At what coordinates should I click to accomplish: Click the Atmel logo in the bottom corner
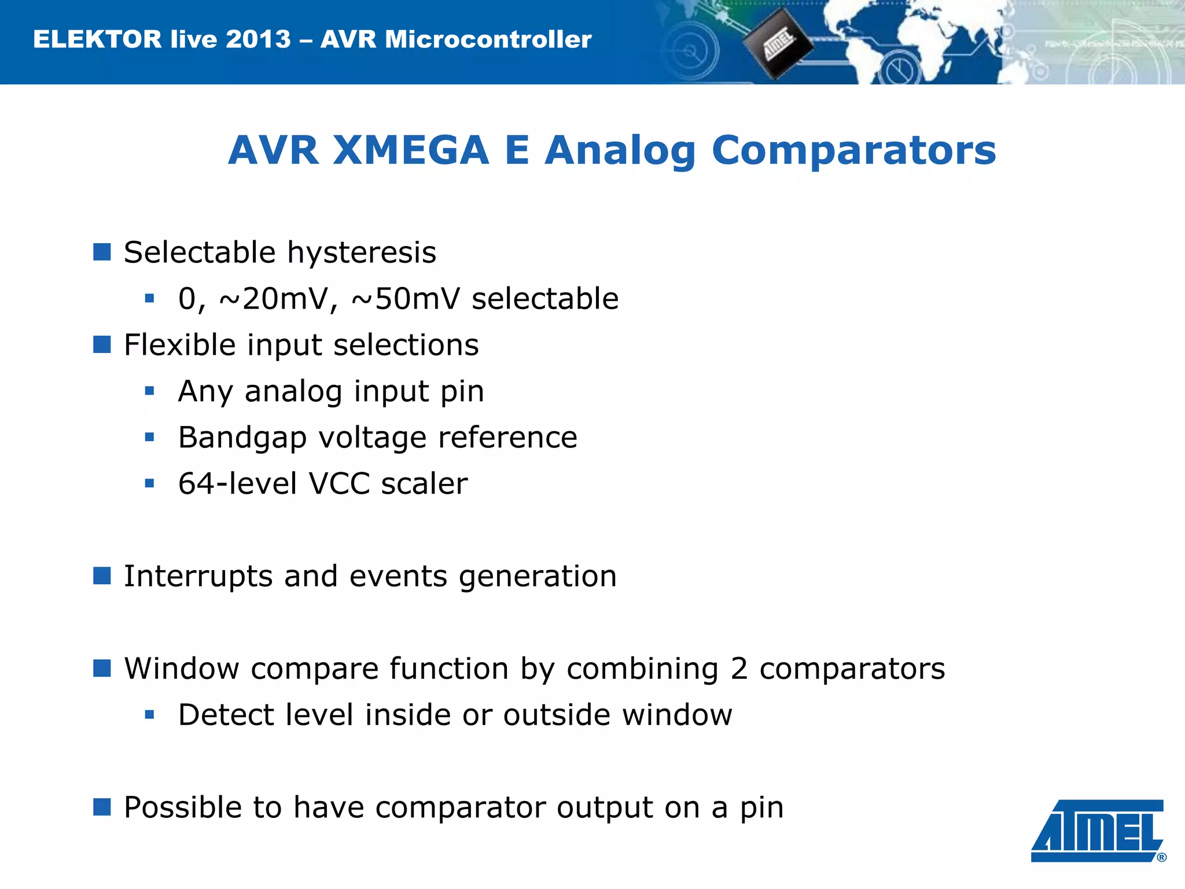(1098, 830)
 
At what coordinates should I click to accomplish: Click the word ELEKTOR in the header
(97, 39)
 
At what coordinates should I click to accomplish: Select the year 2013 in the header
(258, 39)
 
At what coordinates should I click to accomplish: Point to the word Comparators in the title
(853, 150)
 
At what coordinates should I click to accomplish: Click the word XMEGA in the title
(411, 150)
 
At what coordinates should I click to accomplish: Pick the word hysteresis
(362, 253)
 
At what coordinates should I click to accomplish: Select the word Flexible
(180, 346)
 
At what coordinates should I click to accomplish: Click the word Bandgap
(242, 438)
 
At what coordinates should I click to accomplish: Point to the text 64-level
(237, 484)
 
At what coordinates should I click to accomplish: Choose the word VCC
(339, 484)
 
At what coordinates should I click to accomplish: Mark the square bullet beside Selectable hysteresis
(102, 252)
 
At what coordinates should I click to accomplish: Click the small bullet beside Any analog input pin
(150, 391)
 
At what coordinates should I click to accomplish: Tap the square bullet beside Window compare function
(102, 668)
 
